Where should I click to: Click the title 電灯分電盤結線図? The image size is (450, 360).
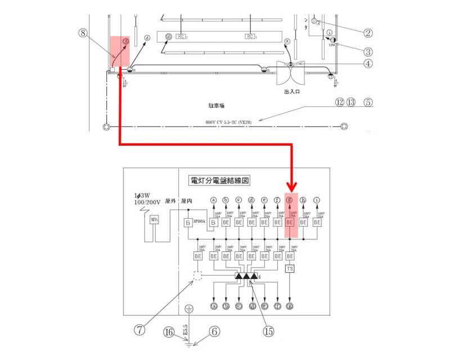pyautogui.click(x=220, y=181)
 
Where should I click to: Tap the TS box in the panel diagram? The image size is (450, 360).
pyautogui.click(x=290, y=269)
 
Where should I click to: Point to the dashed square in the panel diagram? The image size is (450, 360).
pyautogui.click(x=197, y=276)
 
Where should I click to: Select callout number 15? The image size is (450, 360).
pyautogui.click(x=269, y=332)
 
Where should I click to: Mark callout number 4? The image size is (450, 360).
pyautogui.click(x=368, y=64)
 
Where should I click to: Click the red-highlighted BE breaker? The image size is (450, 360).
pyautogui.click(x=290, y=223)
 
